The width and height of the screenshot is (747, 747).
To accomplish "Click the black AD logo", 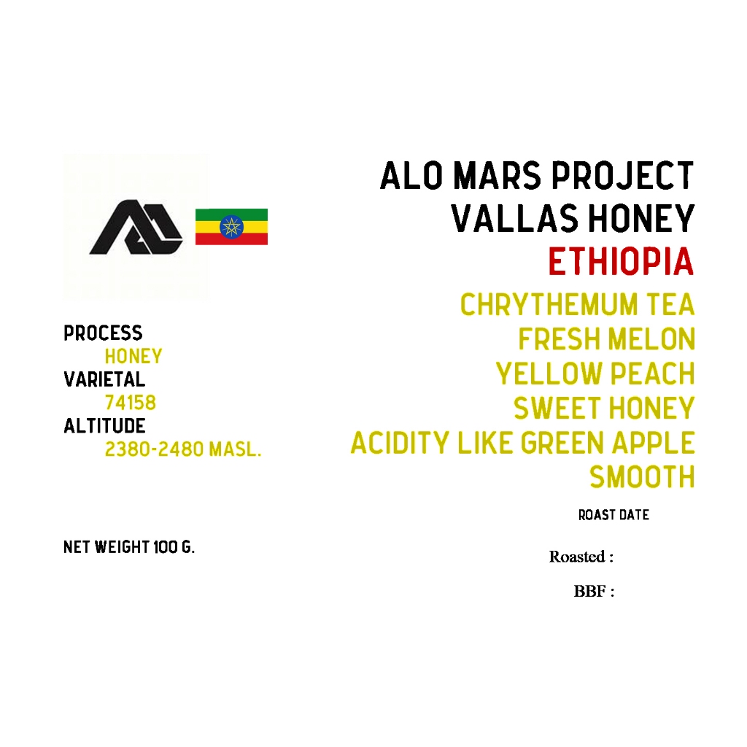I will coord(136,228).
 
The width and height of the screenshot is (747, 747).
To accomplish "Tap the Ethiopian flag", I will coord(231,227).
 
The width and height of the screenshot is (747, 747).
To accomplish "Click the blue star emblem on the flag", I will coord(231,227).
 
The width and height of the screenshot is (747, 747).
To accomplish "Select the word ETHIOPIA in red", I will coord(621,263).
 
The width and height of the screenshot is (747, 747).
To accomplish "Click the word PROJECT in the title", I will coord(622,177).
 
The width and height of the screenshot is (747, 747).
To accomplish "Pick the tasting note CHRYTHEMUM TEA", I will coord(577,305).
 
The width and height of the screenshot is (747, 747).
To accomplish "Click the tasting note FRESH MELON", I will coord(606,339).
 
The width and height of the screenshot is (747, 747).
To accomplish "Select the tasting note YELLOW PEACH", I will coord(595,374).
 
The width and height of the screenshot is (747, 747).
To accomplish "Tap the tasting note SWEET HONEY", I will coord(604,409).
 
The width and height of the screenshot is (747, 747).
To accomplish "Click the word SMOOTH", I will coord(642,478).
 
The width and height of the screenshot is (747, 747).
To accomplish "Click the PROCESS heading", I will coord(103,333).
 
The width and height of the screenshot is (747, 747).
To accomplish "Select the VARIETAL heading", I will coord(104,379).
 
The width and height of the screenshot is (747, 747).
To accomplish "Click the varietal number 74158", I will coord(130,403).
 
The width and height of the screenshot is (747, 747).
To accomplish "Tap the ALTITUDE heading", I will coord(104,426).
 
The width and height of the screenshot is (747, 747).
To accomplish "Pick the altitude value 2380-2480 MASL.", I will coord(182,449).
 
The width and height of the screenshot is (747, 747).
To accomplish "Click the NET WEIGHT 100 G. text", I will coord(129,547).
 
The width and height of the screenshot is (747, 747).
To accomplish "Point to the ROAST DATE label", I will coord(614,515).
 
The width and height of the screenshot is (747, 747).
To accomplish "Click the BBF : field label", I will coord(594,592).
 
